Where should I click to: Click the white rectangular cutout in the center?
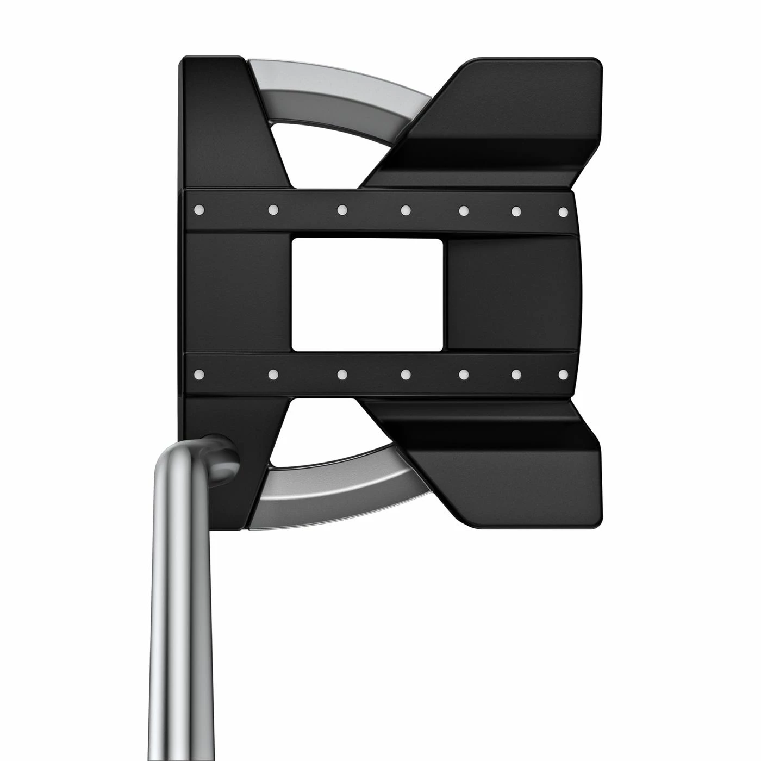tap(367, 294)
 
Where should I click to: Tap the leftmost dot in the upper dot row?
tap(199, 208)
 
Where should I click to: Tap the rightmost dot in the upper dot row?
tap(563, 211)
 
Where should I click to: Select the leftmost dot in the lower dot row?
tap(199, 373)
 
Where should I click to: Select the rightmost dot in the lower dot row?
tap(563, 374)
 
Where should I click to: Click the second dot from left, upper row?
tap(273, 209)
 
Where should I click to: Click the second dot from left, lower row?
tap(273, 374)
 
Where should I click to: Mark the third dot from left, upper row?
tap(342, 209)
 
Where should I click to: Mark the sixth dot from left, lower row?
tap(516, 374)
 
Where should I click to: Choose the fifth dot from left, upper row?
tap(464, 209)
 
